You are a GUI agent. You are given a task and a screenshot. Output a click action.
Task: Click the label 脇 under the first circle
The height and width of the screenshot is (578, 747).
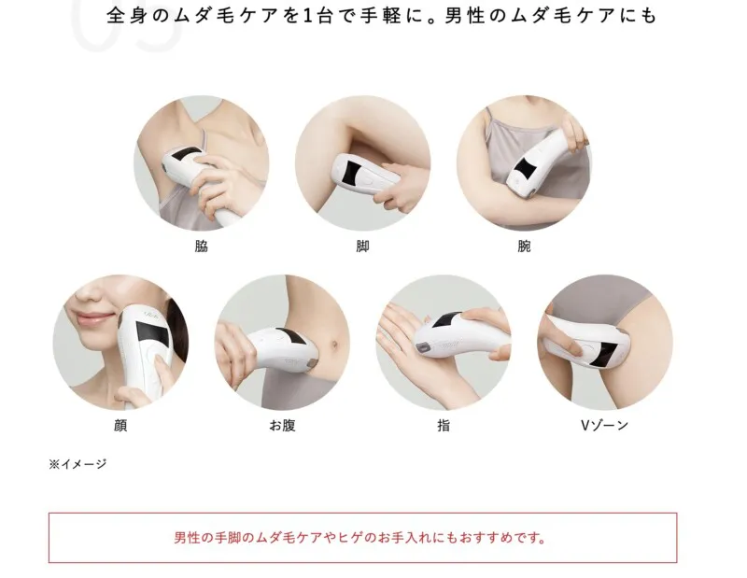[x=201, y=247]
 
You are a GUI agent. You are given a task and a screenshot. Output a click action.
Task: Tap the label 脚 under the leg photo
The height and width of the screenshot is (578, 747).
[x=362, y=247]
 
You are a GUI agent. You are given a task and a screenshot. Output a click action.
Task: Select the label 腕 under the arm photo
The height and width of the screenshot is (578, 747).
[x=524, y=247]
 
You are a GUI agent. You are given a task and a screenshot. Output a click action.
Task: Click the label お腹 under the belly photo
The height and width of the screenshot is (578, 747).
[x=282, y=426]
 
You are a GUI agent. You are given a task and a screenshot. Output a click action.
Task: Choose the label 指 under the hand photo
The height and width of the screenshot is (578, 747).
[x=444, y=426]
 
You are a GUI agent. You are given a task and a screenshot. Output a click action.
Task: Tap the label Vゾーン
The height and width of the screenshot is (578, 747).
[x=604, y=426]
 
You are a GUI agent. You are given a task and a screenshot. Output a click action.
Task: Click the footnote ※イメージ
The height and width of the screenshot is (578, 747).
[x=78, y=463]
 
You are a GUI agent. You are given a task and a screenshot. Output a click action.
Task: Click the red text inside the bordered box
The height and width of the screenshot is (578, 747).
[x=361, y=538]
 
